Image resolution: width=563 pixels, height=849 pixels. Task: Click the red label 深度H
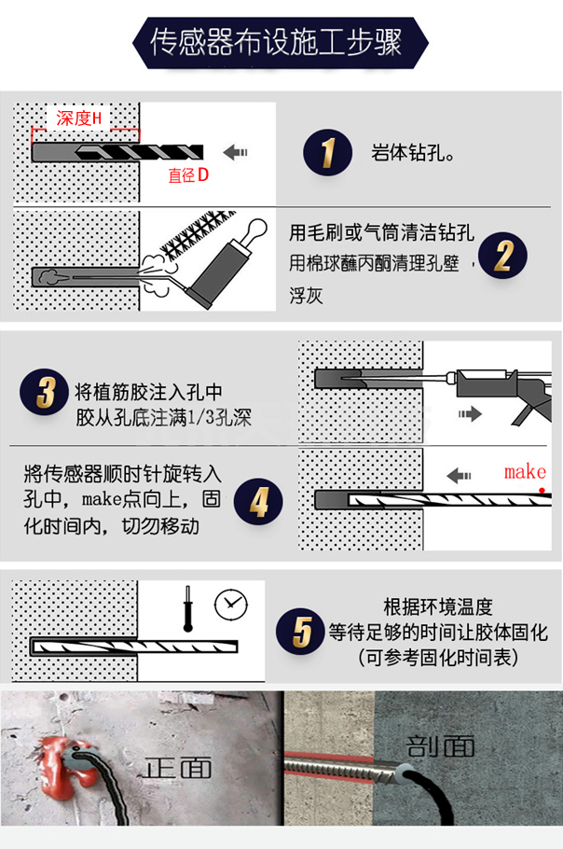pyautogui.click(x=78, y=118)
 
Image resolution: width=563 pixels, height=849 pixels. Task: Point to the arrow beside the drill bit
pyautogui.click(x=238, y=151)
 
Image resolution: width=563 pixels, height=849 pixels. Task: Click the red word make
pyautogui.click(x=524, y=472)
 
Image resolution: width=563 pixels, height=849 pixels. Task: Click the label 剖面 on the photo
pyautogui.click(x=441, y=745)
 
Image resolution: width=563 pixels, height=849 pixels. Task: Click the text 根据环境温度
pyautogui.click(x=438, y=606)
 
